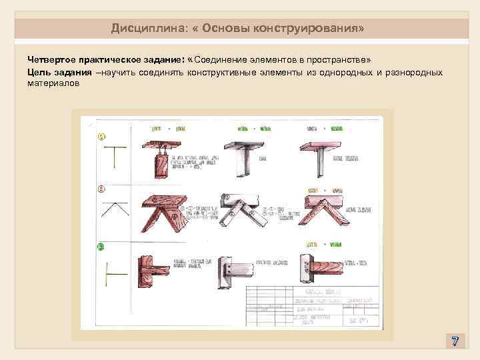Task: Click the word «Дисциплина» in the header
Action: click(x=141, y=29)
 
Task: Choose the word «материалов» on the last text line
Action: click(x=53, y=84)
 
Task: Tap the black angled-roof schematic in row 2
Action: click(x=114, y=209)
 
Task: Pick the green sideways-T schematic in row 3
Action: click(x=113, y=273)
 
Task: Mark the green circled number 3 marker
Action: click(x=101, y=247)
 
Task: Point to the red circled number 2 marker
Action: click(x=101, y=189)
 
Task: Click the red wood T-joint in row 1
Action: click(x=162, y=157)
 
